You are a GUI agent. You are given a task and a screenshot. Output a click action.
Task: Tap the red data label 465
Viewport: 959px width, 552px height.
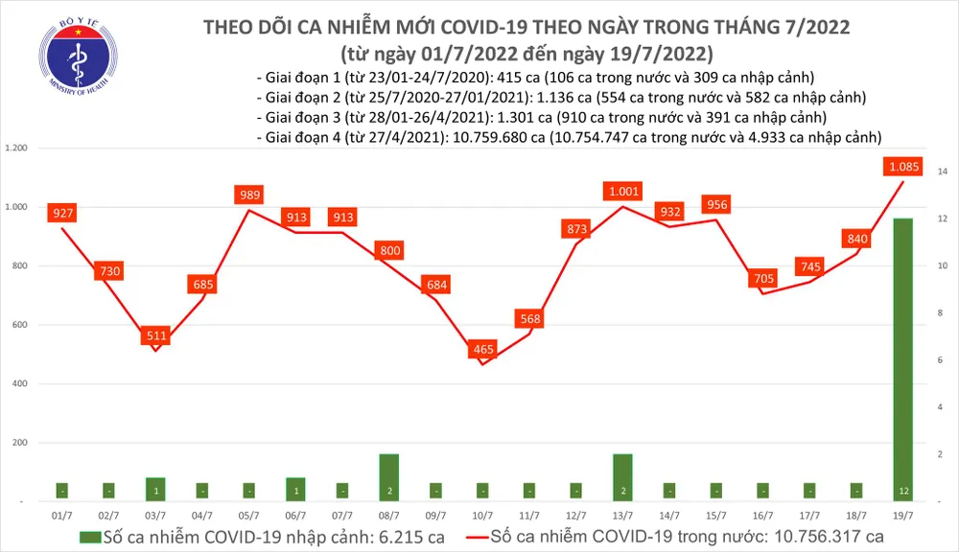pyautogui.click(x=481, y=350)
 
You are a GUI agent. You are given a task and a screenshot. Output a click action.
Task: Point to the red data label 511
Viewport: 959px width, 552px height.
pyautogui.click(x=156, y=335)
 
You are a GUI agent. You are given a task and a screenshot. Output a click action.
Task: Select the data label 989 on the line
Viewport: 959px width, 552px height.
pyautogui.click(x=249, y=195)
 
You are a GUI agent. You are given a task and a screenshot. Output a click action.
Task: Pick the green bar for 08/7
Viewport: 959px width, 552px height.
pyautogui.click(x=389, y=476)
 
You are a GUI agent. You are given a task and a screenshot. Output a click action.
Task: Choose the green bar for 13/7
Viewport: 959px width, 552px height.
pyautogui.click(x=622, y=476)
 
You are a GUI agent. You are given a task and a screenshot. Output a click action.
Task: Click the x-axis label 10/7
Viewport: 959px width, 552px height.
pyautogui.click(x=481, y=516)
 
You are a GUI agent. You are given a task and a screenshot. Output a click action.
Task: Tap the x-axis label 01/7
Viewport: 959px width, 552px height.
pyautogui.click(x=62, y=516)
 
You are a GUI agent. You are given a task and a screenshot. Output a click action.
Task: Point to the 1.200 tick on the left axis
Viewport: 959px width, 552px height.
pyautogui.click(x=16, y=149)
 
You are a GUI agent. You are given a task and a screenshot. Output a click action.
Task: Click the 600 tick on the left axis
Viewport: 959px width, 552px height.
pyautogui.click(x=19, y=325)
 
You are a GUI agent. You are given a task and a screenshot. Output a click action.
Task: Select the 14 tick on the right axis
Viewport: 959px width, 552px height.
pyautogui.click(x=943, y=172)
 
